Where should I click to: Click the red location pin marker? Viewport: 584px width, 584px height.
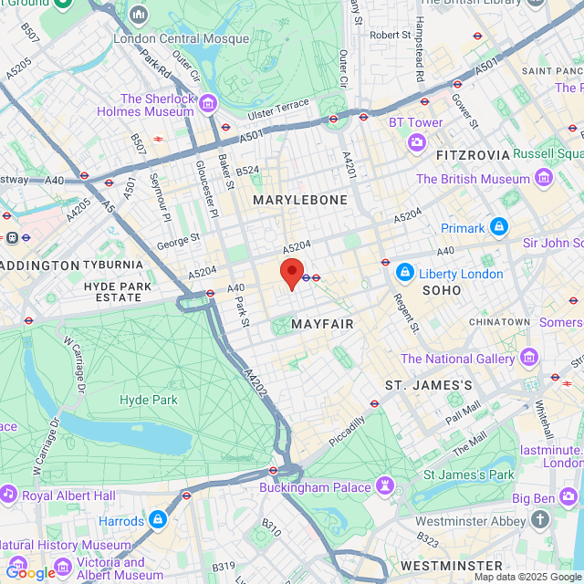(x=291, y=273)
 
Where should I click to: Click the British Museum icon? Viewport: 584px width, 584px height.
(x=545, y=174)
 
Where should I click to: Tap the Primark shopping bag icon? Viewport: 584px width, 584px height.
(x=498, y=225)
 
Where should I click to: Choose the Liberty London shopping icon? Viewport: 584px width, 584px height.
(x=405, y=272)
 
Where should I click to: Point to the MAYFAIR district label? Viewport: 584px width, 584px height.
(x=322, y=324)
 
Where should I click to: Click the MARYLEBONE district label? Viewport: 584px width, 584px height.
(x=300, y=200)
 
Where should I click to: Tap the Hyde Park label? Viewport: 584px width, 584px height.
(x=147, y=399)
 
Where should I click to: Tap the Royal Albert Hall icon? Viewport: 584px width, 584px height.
(x=9, y=495)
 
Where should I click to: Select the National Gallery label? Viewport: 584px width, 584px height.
(x=457, y=359)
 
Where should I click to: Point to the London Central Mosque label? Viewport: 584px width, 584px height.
(x=181, y=38)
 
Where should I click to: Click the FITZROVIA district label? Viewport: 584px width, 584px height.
(x=469, y=155)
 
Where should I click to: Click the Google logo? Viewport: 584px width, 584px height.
(x=29, y=573)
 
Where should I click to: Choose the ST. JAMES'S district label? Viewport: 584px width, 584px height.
(x=428, y=385)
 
